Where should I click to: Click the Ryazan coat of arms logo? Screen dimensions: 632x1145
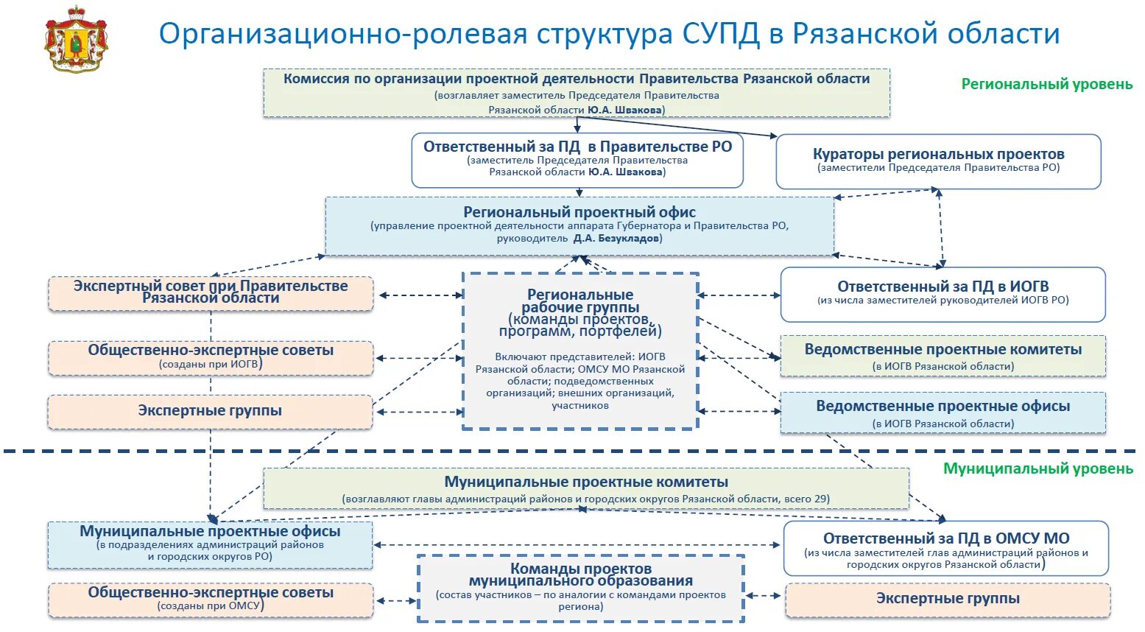(x=75, y=39)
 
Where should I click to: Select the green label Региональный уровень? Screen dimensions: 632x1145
(x=1046, y=84)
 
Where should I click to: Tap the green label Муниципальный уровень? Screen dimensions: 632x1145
(x=1037, y=468)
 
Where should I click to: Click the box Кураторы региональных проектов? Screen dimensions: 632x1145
(x=938, y=161)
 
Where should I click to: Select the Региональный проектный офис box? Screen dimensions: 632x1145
(x=579, y=225)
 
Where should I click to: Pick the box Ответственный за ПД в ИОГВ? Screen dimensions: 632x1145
(x=943, y=293)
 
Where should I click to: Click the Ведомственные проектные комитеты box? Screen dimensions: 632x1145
(x=943, y=357)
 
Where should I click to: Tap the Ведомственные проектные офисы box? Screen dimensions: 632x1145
(x=943, y=412)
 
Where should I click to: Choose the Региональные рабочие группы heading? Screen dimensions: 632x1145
(x=580, y=301)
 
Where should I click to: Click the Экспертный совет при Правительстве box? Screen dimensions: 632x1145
(x=211, y=292)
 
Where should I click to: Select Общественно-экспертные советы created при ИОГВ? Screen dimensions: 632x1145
(x=211, y=357)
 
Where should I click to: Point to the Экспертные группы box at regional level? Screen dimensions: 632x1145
(x=211, y=411)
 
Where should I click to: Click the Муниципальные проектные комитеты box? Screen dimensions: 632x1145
(x=586, y=489)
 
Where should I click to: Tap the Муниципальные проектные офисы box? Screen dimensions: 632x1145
(x=211, y=544)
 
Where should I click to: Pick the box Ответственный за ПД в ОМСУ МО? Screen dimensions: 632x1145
(x=945, y=548)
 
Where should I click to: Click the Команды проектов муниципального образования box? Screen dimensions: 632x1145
(x=581, y=587)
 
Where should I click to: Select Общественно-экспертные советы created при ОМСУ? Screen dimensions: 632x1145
(x=211, y=599)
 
